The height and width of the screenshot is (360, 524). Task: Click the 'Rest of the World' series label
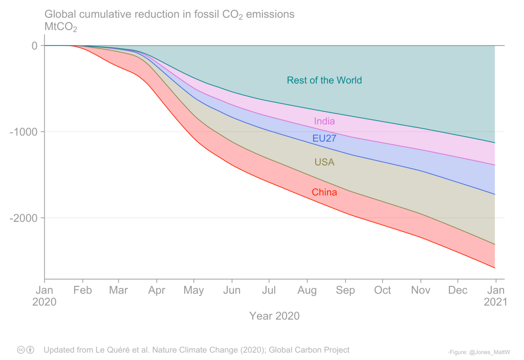point(324,80)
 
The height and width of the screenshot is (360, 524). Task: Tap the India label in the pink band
point(324,121)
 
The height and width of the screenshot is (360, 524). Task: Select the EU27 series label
point(324,139)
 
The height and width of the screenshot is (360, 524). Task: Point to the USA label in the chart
point(324,162)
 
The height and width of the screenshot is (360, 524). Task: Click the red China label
point(324,193)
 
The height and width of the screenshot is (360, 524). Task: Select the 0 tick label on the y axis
point(34,46)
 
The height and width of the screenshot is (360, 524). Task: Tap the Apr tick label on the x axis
point(157,290)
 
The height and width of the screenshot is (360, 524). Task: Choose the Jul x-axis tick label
point(269,290)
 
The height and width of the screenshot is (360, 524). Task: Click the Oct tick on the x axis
point(382,290)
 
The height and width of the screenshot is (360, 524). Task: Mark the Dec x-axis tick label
point(457,290)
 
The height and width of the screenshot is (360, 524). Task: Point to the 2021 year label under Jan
point(495,302)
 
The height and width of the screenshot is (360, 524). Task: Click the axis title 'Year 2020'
point(274,316)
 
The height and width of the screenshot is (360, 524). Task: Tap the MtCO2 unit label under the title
point(60,27)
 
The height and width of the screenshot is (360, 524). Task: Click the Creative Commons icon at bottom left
point(21,350)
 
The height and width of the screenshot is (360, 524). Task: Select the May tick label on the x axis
point(194,290)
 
